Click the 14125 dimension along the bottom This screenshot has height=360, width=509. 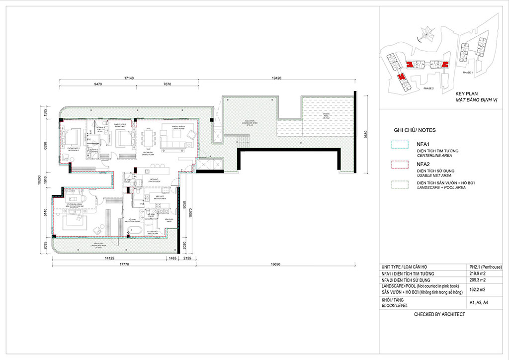(110, 259)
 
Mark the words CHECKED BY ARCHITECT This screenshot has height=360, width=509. (439, 314)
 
